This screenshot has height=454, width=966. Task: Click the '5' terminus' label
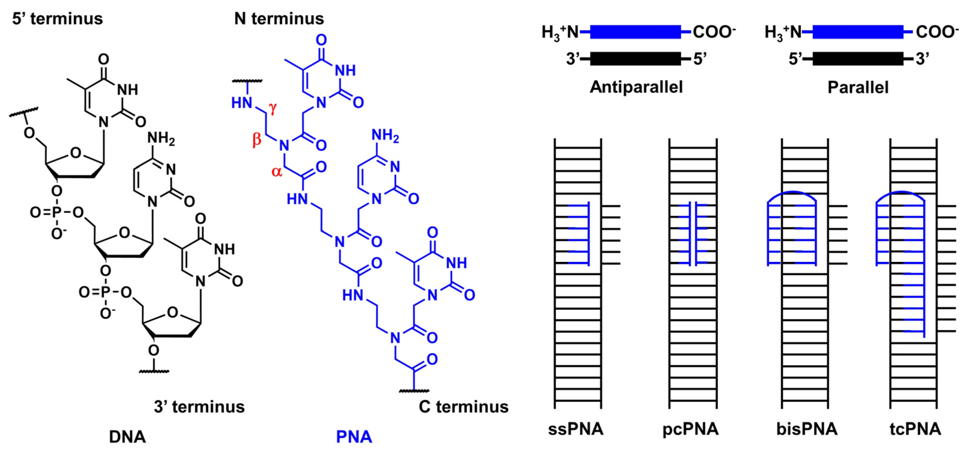click(57, 19)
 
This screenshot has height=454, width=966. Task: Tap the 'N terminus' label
click(279, 19)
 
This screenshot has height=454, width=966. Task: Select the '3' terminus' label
click(199, 407)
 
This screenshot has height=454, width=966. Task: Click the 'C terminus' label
click(464, 407)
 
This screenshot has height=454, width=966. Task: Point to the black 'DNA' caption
click(127, 437)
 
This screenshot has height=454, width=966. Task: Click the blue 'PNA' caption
click(354, 437)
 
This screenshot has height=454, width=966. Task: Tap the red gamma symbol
click(273, 108)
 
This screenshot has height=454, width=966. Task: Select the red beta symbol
click(256, 140)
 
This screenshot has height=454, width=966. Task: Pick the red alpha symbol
click(277, 172)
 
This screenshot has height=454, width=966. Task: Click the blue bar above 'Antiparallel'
click(635, 32)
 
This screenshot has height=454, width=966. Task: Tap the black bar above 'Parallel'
click(858, 59)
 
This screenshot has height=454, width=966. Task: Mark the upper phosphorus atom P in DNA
click(56, 213)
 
